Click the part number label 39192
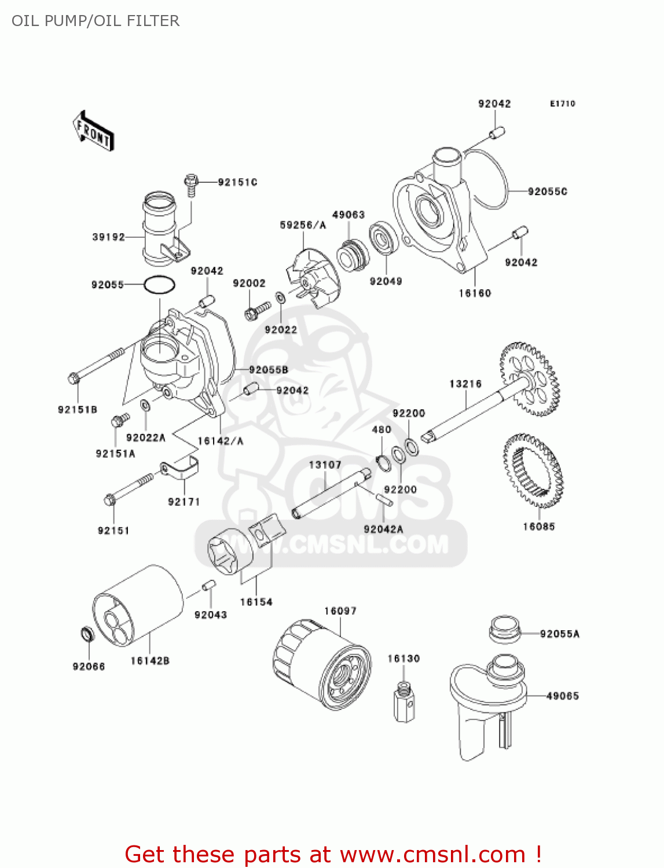(108, 237)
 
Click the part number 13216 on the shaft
(465, 384)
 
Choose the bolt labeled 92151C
(192, 184)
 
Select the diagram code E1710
(562, 104)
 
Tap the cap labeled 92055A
(504, 630)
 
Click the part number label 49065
(562, 696)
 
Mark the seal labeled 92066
(87, 634)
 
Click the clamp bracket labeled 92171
(180, 468)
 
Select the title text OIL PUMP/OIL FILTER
(96, 21)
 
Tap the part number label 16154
(256, 602)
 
